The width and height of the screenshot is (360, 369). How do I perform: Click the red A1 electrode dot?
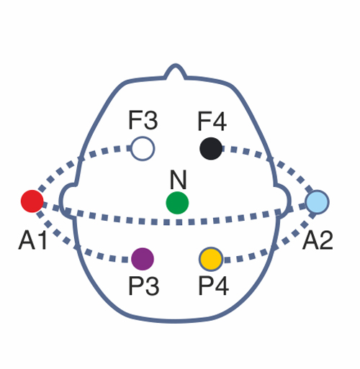(x=32, y=201)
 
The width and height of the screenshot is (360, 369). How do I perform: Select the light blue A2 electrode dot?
(x=318, y=202)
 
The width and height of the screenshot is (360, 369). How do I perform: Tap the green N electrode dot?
(x=177, y=203)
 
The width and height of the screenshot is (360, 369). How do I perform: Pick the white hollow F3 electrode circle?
(x=143, y=149)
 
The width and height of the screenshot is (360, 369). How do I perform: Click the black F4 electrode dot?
(x=211, y=149)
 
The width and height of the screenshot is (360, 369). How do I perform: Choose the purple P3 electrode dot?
(x=143, y=259)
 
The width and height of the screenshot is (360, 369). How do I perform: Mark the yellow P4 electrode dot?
(x=211, y=259)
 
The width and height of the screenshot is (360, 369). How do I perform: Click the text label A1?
(x=32, y=240)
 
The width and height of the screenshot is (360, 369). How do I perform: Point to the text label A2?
(x=318, y=240)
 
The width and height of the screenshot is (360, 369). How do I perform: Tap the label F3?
(x=143, y=120)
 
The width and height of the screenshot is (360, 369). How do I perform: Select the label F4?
(x=212, y=121)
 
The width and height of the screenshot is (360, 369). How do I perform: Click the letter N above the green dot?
(x=178, y=180)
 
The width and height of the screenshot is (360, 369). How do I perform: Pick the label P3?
(x=143, y=286)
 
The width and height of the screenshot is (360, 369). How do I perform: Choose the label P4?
(x=213, y=286)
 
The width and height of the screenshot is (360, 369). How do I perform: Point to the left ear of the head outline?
(x=68, y=201)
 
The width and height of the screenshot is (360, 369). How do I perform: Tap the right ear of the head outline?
(x=283, y=201)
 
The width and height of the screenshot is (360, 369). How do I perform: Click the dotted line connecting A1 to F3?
(x=77, y=160)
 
